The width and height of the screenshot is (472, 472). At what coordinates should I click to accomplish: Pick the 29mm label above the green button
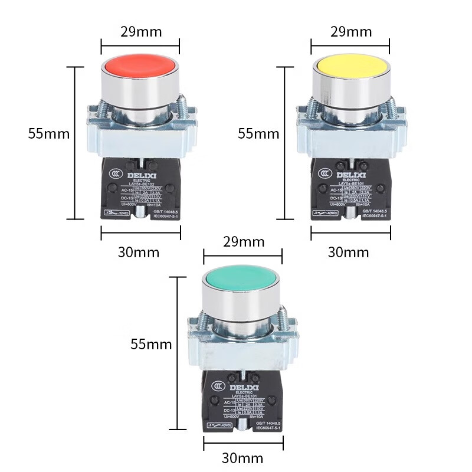click(x=242, y=242)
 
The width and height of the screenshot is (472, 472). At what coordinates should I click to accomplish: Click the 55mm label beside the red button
click(x=49, y=133)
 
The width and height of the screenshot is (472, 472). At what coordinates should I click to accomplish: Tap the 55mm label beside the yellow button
click(x=258, y=133)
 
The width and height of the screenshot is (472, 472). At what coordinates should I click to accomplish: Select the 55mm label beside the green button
click(x=151, y=344)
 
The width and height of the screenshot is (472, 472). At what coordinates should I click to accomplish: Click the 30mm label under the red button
click(x=139, y=253)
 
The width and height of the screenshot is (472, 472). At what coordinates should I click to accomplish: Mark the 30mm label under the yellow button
click(x=348, y=253)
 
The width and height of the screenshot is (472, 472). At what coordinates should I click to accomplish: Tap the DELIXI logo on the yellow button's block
click(x=350, y=175)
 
